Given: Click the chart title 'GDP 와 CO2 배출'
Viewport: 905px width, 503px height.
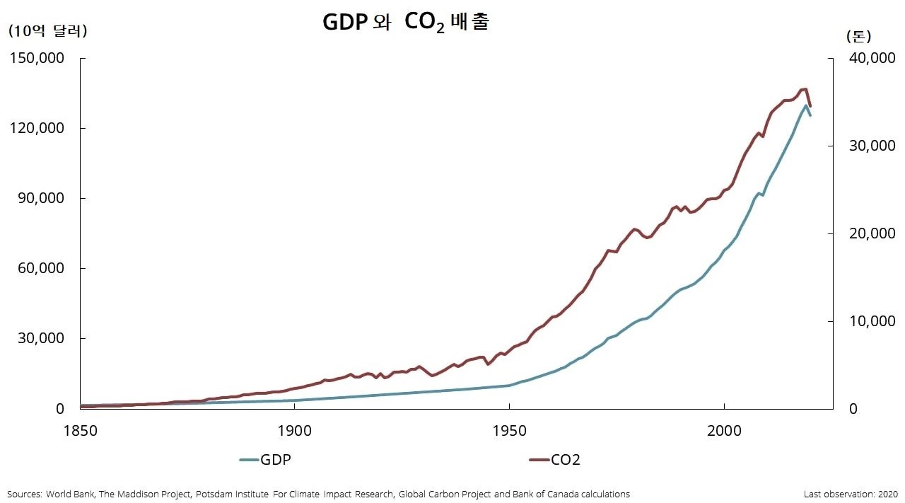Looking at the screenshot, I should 406,23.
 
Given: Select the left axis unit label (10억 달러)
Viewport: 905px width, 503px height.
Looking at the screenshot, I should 47,31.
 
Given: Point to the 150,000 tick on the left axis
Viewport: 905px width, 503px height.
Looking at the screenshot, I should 37,58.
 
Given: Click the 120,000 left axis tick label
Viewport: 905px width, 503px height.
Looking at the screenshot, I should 37,128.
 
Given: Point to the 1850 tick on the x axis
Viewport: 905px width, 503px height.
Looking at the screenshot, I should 81,431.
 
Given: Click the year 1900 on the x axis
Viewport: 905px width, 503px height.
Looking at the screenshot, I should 295,431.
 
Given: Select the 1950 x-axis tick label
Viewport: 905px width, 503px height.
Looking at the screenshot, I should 510,431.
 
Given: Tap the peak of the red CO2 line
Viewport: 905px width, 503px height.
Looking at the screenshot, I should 805,89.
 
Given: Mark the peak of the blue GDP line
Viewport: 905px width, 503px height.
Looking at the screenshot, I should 806,105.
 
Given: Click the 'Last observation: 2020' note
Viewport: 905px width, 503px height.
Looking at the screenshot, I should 851,494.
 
